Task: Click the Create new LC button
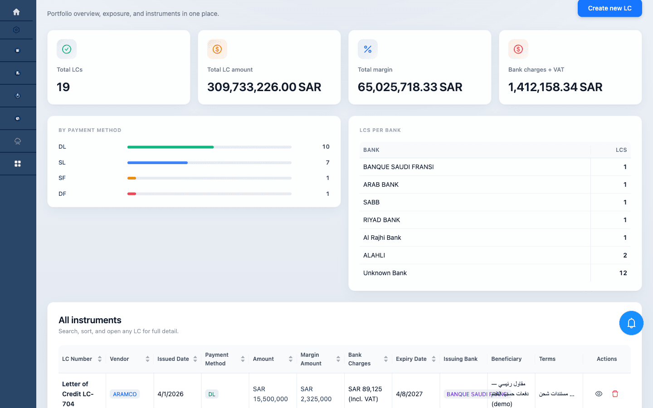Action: (609, 8)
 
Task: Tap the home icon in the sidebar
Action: (17, 12)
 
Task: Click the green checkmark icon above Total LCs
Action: (67, 49)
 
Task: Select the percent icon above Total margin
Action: (368, 49)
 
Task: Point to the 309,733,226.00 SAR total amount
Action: (264, 87)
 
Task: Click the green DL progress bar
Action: (171, 147)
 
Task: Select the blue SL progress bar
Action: (157, 163)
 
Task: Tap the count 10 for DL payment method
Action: (326, 147)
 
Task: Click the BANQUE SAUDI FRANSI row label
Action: (398, 167)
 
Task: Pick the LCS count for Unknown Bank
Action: (623, 273)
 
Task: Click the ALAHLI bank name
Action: (374, 255)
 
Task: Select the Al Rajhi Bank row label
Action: (382, 238)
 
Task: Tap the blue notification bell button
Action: (631, 323)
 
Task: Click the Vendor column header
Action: (119, 359)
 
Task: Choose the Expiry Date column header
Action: (411, 359)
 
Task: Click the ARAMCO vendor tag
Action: (125, 394)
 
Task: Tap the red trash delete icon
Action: (615, 394)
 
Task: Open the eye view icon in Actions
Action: (599, 394)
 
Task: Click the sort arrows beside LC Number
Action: (100, 359)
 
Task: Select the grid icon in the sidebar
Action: (18, 164)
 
